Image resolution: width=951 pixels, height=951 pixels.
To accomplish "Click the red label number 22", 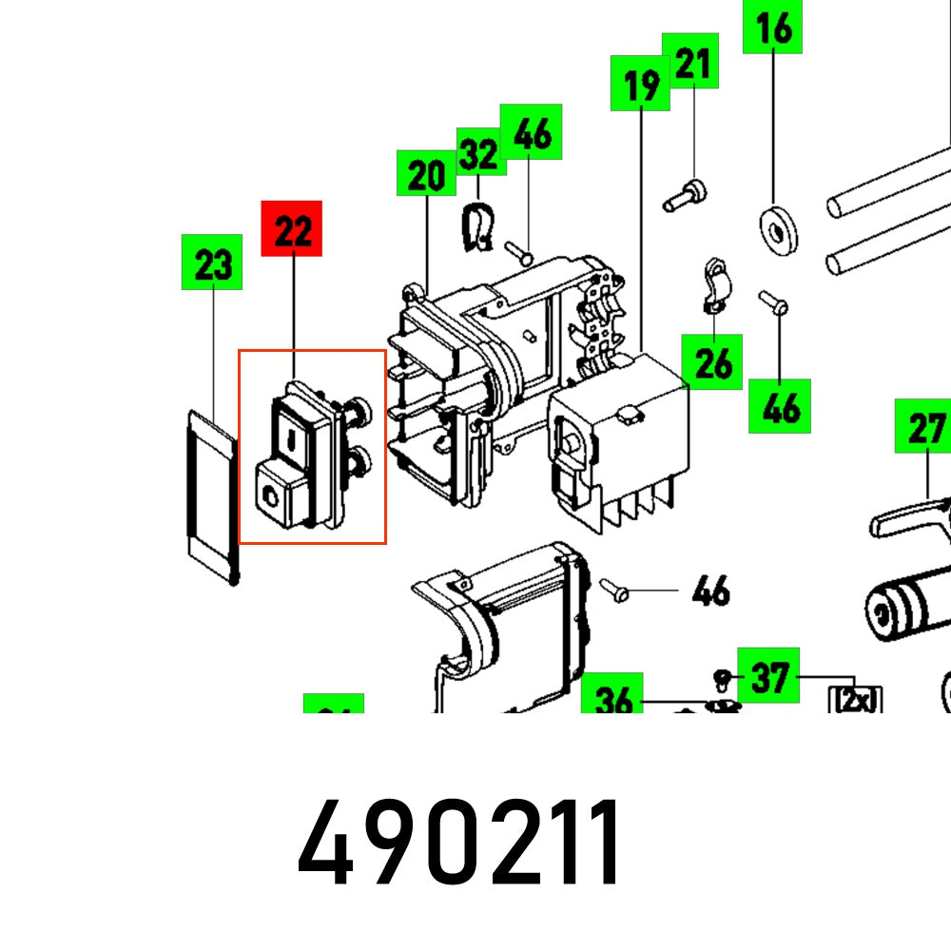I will click(x=292, y=228).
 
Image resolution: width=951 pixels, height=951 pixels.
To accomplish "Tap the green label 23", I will click(x=212, y=262).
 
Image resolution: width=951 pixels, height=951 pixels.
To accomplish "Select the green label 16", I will click(x=773, y=28).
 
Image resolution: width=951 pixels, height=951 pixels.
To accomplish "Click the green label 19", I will click(x=641, y=84).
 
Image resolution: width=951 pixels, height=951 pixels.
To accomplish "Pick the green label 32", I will click(x=480, y=152).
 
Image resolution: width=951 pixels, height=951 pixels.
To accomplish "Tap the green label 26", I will click(x=712, y=361).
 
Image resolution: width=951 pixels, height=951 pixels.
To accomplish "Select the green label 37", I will click(x=768, y=676).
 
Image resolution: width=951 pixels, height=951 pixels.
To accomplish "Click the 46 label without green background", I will click(x=710, y=591).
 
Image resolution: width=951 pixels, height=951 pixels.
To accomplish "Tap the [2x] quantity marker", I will click(x=857, y=701).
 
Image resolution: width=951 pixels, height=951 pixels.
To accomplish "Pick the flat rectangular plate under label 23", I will click(x=211, y=494).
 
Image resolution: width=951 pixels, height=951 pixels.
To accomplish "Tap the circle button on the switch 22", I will click(x=272, y=493).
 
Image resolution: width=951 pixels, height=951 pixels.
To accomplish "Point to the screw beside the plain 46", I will click(x=614, y=590).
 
